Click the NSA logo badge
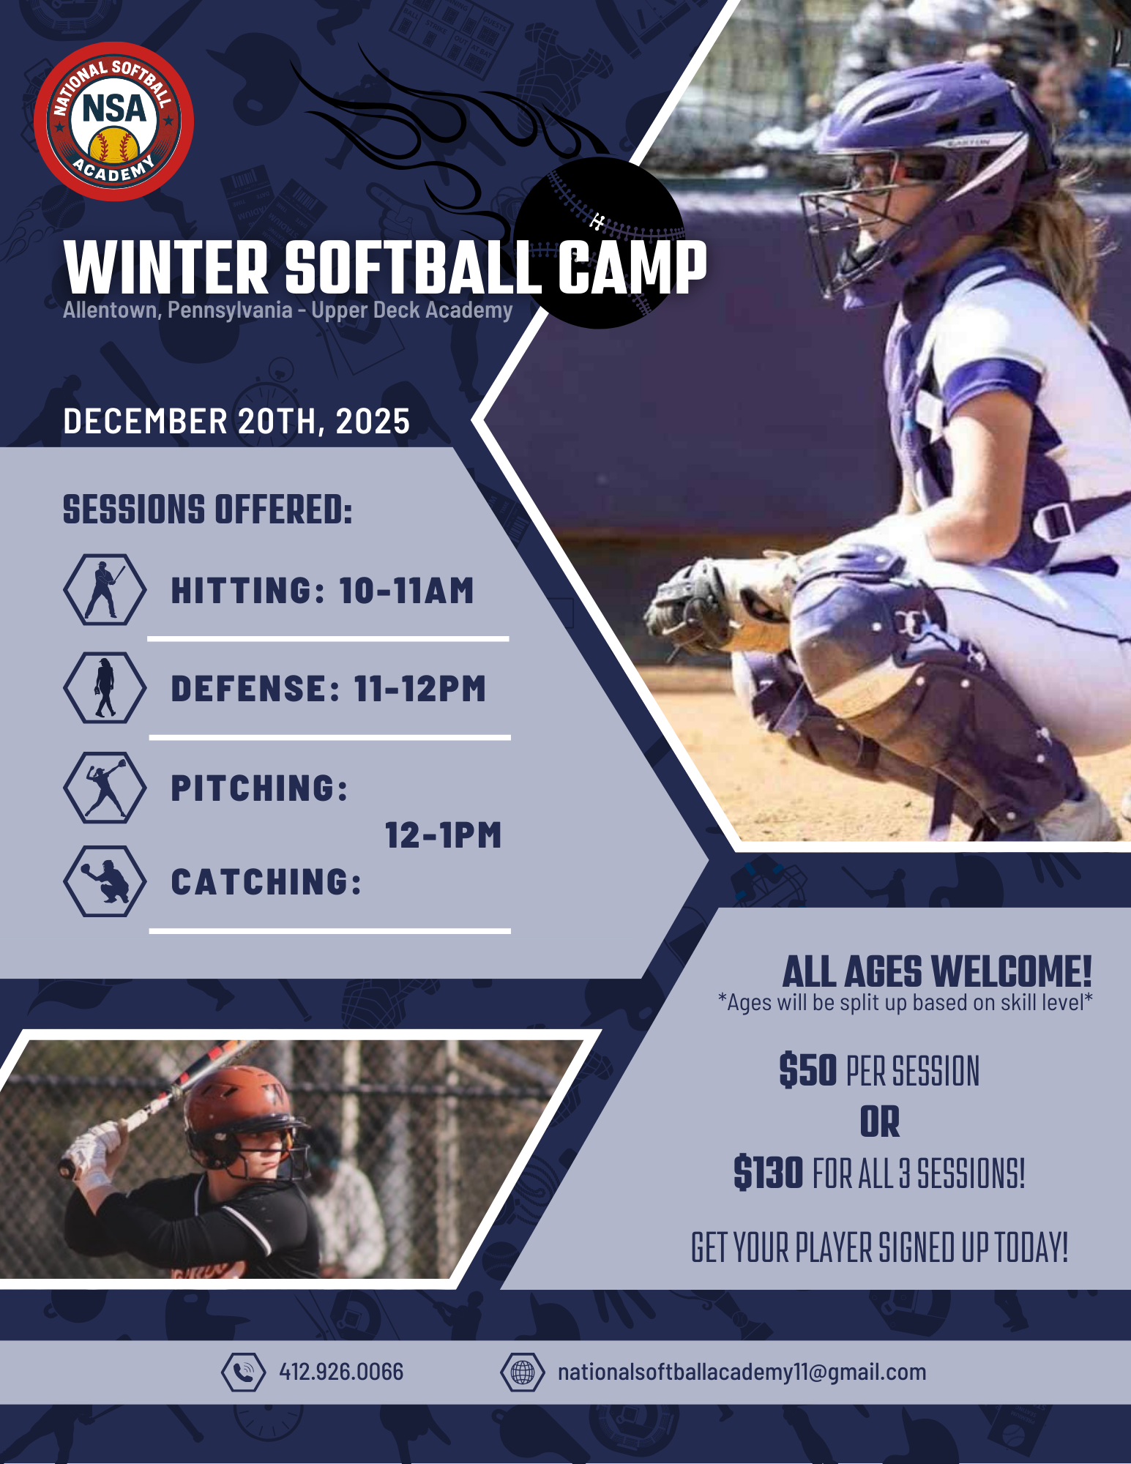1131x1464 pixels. pyautogui.click(x=113, y=122)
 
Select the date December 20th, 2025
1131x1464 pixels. pyautogui.click(x=236, y=422)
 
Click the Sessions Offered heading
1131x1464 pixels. pyautogui.click(x=208, y=509)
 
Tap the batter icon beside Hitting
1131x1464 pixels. pyautogui.click(x=104, y=589)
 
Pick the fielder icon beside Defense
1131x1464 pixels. pyautogui.click(x=104, y=687)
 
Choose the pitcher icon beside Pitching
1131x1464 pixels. pyautogui.click(x=104, y=787)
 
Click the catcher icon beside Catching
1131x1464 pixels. pyautogui.click(x=104, y=881)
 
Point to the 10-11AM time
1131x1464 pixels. pyautogui.click(x=406, y=591)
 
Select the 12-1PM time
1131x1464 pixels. pyautogui.click(x=443, y=835)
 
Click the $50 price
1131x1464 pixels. pyautogui.click(x=807, y=1070)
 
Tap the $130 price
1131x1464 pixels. pyautogui.click(x=769, y=1173)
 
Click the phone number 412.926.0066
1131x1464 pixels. pyautogui.click(x=341, y=1372)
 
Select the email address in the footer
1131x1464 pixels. pyautogui.click(x=742, y=1372)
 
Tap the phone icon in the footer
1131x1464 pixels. pyautogui.click(x=243, y=1372)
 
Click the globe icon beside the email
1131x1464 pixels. pyautogui.click(x=522, y=1372)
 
